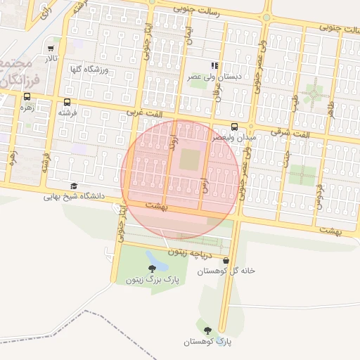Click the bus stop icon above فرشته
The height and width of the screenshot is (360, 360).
[x=66, y=103]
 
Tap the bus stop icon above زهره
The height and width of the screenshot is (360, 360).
[x=27, y=98]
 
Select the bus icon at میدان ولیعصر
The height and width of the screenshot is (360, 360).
[x=234, y=127]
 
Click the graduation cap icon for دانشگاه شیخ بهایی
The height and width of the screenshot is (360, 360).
[x=74, y=186]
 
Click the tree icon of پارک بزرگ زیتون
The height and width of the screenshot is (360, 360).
[x=153, y=269]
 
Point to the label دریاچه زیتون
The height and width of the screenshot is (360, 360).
[x=189, y=251]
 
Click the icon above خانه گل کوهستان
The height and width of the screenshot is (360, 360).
[x=225, y=261]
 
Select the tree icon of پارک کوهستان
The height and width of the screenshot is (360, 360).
[x=207, y=330]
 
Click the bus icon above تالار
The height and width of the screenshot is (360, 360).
[x=51, y=49]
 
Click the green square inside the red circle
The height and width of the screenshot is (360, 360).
[x=189, y=160]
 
